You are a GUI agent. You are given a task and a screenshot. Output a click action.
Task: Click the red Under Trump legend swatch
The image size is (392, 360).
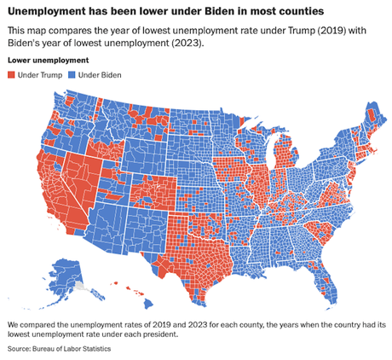11,76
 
